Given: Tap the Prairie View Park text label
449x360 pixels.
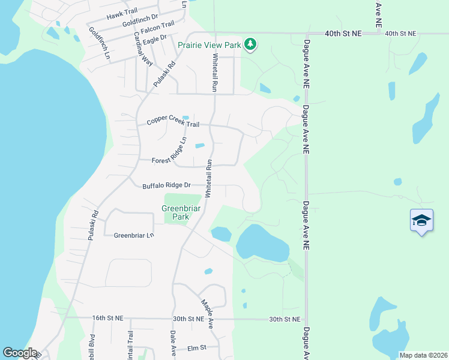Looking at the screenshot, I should point(209,45).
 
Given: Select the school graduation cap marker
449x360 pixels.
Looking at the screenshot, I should point(421,221).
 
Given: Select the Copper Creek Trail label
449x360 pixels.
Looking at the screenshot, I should point(173,124).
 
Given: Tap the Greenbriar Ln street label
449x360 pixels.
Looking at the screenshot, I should point(134,235).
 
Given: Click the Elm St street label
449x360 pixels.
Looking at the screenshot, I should point(196,347).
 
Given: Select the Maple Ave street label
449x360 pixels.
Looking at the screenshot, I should point(206,314).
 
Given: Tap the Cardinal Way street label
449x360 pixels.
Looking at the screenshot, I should point(143,48).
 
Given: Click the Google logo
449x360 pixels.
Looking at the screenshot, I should point(20,353).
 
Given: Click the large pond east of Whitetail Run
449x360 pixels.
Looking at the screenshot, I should point(262,242).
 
